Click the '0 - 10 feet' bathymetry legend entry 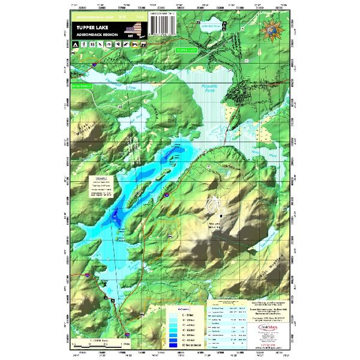(x=173, y=314)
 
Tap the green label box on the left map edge (x=79, y=86)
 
